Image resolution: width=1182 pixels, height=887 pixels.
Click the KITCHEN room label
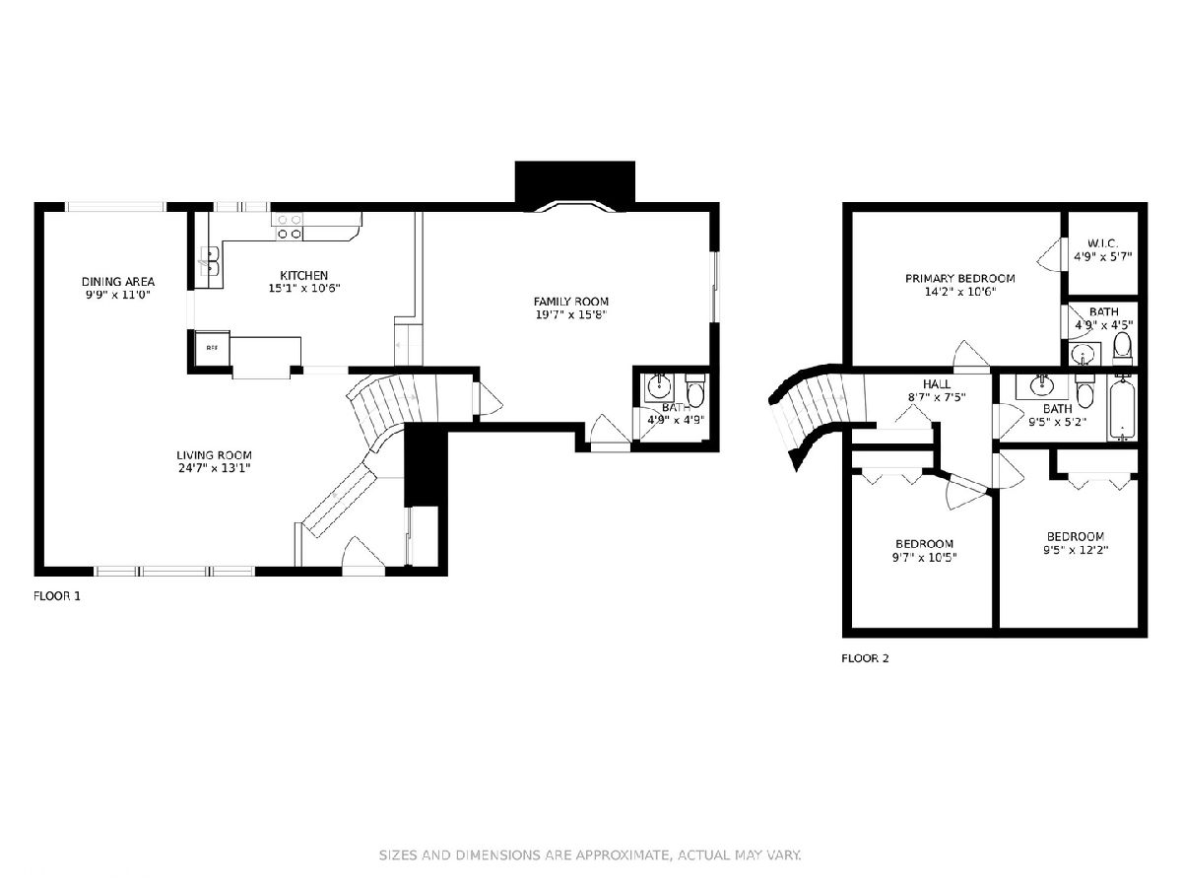303,275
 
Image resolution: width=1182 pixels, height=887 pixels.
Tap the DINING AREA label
118,282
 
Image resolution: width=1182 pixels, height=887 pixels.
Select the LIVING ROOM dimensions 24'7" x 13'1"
215,468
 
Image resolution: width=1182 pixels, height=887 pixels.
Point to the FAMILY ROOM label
570,302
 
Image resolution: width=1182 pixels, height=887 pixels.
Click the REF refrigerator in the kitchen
212,348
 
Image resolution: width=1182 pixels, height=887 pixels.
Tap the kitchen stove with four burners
290,227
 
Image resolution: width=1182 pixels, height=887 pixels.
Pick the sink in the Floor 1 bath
659,386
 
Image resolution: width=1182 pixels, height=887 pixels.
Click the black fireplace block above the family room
574,182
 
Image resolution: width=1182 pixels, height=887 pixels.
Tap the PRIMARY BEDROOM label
960,279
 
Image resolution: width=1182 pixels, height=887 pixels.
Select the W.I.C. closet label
1102,243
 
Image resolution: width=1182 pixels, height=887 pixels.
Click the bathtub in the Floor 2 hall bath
1122,409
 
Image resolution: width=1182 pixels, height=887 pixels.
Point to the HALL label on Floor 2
937,384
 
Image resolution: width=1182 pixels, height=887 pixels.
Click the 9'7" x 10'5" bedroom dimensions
924,558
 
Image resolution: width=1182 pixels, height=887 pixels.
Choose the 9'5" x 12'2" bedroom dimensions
1076,550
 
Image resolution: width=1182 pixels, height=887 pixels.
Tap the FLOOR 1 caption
57,596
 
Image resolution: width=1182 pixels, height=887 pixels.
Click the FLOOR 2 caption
865,658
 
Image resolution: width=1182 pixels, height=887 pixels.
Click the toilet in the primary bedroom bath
1122,348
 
